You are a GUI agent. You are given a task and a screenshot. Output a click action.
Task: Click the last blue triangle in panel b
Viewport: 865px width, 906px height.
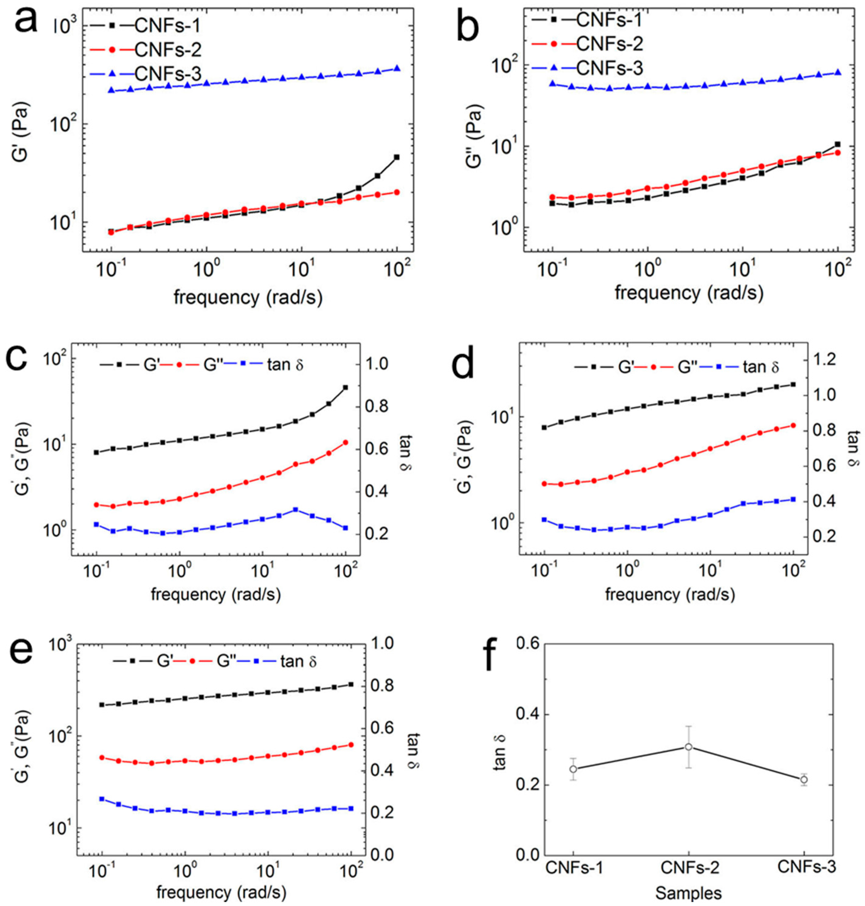pos(838,72)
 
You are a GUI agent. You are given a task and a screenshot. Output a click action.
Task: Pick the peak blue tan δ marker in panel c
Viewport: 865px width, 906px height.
pos(295,509)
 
